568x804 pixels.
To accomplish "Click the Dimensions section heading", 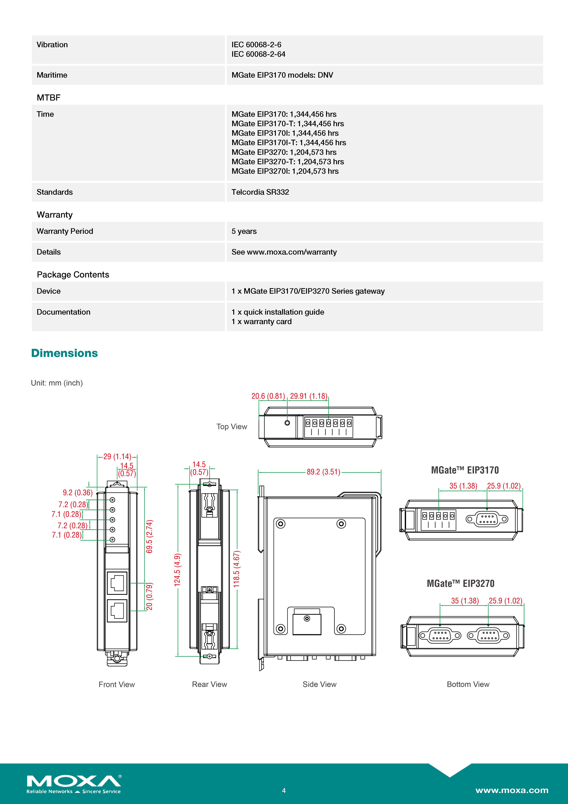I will pyautogui.click(x=64, y=353).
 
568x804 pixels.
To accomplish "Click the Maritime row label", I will pyautogui.click(x=52, y=75).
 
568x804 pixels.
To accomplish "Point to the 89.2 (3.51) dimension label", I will pyautogui.click(x=323, y=472).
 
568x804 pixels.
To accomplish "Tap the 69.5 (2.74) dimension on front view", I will pyautogui.click(x=149, y=536).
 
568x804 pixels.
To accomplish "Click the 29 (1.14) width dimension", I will pyautogui.click(x=117, y=456).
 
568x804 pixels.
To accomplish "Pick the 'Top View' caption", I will pyautogui.click(x=232, y=426).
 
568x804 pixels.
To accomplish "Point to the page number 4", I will pyautogui.click(x=284, y=790).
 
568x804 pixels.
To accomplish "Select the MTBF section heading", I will pyautogui.click(x=49, y=98).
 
